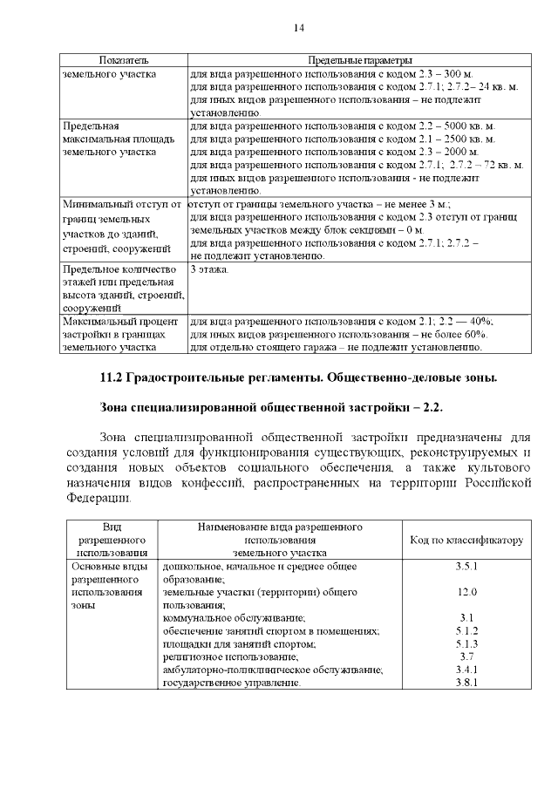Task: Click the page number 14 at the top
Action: [297, 28]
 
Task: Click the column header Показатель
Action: [123, 61]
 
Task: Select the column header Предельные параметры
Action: [360, 61]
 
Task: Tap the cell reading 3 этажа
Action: [209, 270]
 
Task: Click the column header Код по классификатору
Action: [466, 540]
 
